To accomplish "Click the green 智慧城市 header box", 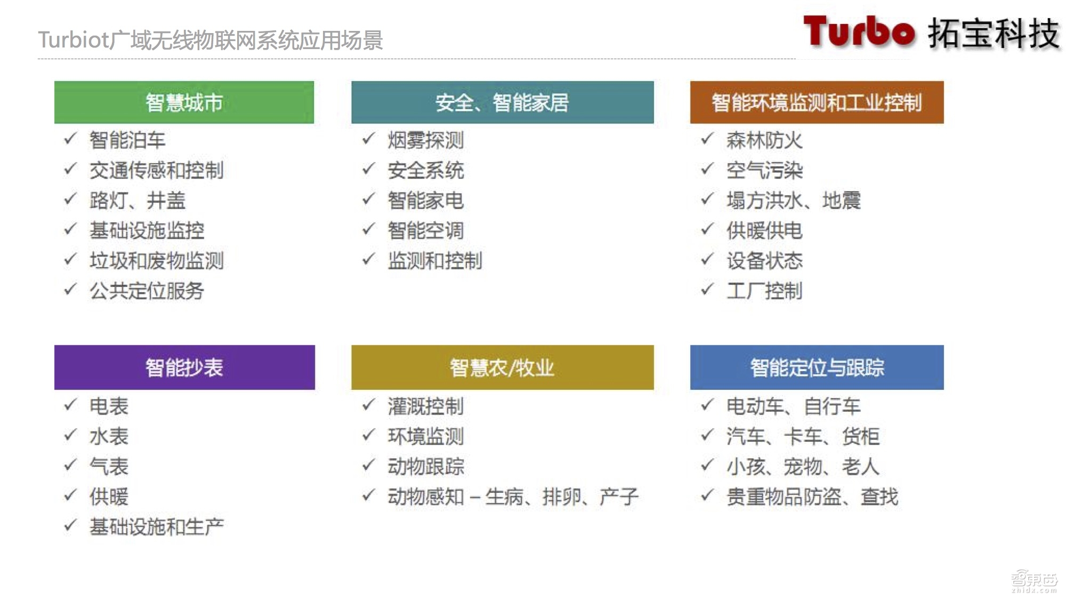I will click(x=184, y=102).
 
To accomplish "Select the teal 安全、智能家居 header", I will click(x=502, y=102).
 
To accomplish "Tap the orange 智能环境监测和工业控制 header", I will click(x=817, y=102).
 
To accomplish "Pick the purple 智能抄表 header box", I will click(x=184, y=367).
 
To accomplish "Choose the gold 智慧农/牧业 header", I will click(x=502, y=367).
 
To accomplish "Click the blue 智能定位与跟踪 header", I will click(x=817, y=367).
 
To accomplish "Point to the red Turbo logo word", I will click(x=859, y=32).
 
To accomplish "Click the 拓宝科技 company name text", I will click(x=994, y=34).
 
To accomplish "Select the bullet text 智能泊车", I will click(x=127, y=140).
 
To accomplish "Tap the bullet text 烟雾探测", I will click(x=426, y=140).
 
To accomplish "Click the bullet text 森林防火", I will click(x=764, y=140).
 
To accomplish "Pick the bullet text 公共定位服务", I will click(x=147, y=291).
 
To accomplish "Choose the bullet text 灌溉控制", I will click(x=426, y=406).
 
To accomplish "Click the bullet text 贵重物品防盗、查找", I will click(x=812, y=497).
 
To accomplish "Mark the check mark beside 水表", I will click(x=70, y=435).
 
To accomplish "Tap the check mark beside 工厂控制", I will click(x=707, y=290).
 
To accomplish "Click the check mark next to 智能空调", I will click(x=368, y=229).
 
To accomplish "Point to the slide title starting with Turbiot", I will click(x=211, y=40).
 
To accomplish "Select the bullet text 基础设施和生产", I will click(x=157, y=527).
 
